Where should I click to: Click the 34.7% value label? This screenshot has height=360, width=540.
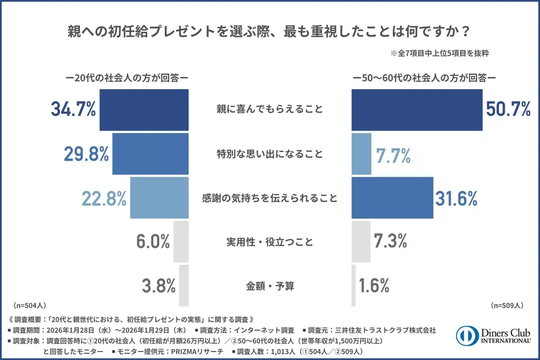pyautogui.click(x=73, y=110)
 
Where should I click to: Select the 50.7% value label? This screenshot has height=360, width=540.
pyautogui.click(x=508, y=110)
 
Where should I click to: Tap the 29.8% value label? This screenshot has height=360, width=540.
pyautogui.click(x=86, y=154)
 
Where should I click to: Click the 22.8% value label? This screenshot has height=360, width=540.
pyautogui.click(x=104, y=198)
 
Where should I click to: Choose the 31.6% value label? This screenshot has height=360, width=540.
pyautogui.click(x=456, y=198)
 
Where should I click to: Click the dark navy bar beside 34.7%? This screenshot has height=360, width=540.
pyautogui.click(x=144, y=110)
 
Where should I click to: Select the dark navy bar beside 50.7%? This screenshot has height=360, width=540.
pyautogui.click(x=417, y=110)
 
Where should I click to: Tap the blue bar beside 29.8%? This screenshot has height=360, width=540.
pyautogui.click(x=150, y=154)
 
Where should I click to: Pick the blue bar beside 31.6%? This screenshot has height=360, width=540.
pyautogui.click(x=392, y=198)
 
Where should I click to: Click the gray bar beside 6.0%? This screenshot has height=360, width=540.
pyautogui.click(x=181, y=241)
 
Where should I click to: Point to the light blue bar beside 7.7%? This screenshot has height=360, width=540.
pyautogui.click(x=361, y=154)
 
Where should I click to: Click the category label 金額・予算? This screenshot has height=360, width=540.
pyautogui.click(x=269, y=286)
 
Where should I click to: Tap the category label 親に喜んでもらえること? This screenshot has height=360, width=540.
pyautogui.click(x=269, y=110)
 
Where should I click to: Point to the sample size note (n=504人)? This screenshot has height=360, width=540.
pyautogui.click(x=31, y=305)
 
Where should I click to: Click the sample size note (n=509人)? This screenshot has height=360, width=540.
pyautogui.click(x=507, y=305)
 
